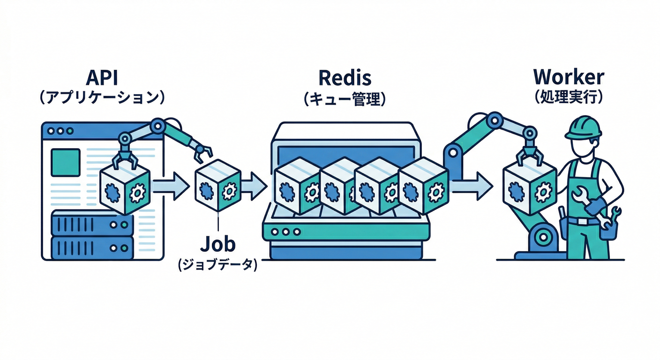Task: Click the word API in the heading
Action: pyautogui.click(x=101, y=77)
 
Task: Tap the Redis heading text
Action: pyautogui.click(x=345, y=77)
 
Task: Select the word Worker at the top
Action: pyautogui.click(x=569, y=77)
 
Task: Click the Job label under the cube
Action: pyautogui.click(x=218, y=245)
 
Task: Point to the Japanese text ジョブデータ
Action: pyautogui.click(x=218, y=265)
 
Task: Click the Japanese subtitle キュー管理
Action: pyautogui.click(x=345, y=99)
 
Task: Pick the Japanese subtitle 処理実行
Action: pyautogui.click(x=569, y=97)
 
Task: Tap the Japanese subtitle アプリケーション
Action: pyautogui.click(x=101, y=98)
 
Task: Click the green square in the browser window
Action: pyautogui.click(x=65, y=162)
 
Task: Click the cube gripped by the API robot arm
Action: pyautogui.click(x=125, y=187)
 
